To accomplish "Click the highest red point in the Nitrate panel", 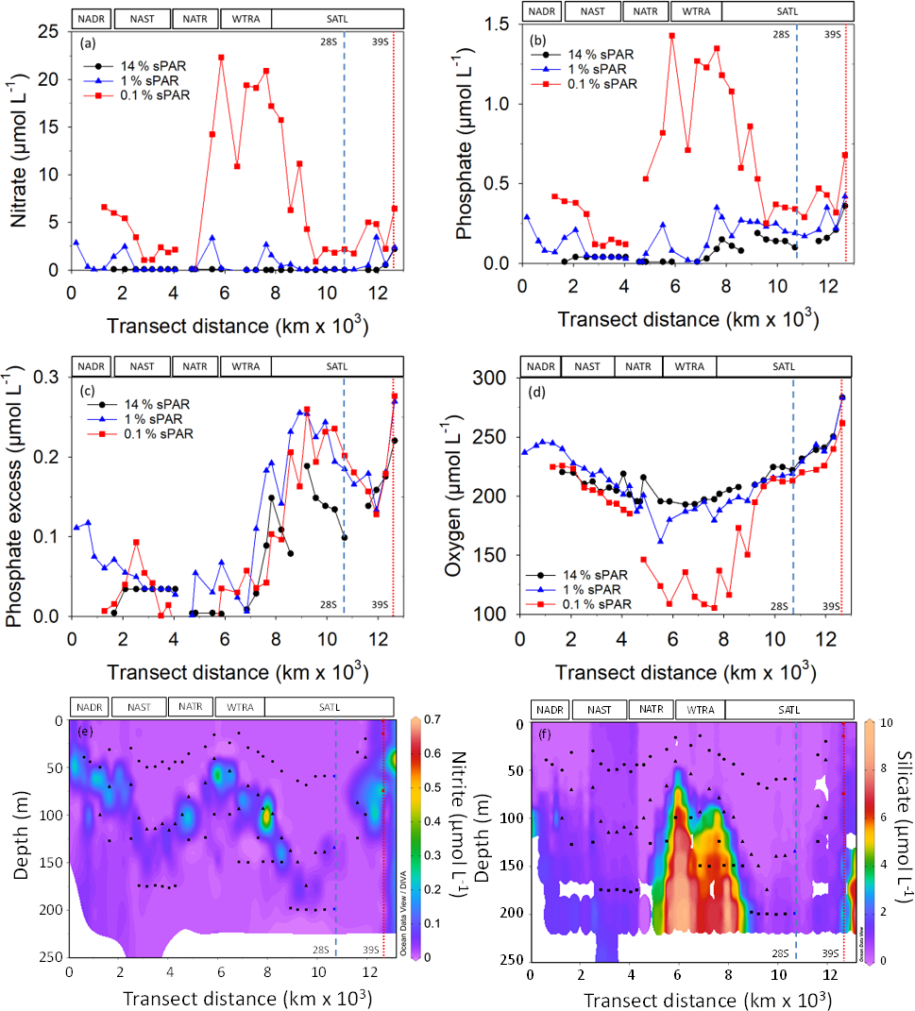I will click(x=221, y=58).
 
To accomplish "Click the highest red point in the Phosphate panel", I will click(x=672, y=36).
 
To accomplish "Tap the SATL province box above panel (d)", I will click(x=783, y=365).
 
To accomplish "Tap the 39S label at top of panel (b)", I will click(x=832, y=34).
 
